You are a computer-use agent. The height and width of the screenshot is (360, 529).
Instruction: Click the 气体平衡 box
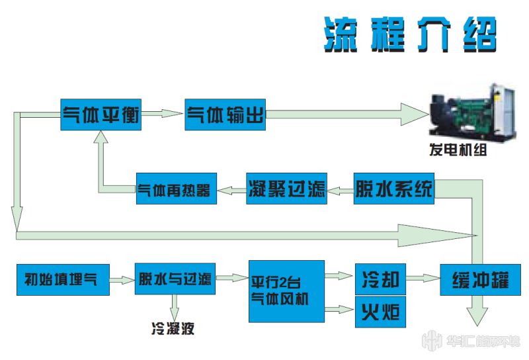(101, 114)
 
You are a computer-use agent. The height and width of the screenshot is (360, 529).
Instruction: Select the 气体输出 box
(225, 114)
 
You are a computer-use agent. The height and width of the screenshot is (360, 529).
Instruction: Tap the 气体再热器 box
(177, 189)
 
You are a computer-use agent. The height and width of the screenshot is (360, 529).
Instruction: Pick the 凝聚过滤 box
(286, 189)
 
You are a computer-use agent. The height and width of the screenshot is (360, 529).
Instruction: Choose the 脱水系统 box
(393, 189)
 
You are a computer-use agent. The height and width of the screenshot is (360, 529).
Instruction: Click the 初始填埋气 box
(63, 280)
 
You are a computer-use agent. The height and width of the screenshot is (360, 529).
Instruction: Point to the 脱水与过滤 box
(175, 279)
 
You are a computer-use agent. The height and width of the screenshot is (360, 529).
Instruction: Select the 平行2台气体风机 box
(287, 291)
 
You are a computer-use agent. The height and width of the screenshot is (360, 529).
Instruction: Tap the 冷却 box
(381, 279)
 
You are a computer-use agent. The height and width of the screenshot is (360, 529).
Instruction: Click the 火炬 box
(381, 312)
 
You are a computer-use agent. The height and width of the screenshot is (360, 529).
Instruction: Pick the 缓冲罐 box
(481, 280)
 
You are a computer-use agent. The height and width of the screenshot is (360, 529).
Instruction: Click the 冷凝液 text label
(173, 328)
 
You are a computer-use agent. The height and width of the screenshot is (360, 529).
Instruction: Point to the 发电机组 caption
(458, 150)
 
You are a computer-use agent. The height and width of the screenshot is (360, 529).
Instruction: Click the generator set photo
(472, 112)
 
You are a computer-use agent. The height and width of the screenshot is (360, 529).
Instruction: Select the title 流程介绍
(410, 34)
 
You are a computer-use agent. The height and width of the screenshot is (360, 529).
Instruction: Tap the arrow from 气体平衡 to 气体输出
(162, 113)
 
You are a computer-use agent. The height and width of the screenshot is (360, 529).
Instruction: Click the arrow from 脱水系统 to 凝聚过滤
(340, 191)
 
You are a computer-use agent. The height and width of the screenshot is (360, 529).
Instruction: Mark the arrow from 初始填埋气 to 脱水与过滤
(122, 280)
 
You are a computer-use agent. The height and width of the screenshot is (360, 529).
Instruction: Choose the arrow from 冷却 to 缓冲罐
(423, 279)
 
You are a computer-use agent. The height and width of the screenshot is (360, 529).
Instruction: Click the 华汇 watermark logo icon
(432, 340)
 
